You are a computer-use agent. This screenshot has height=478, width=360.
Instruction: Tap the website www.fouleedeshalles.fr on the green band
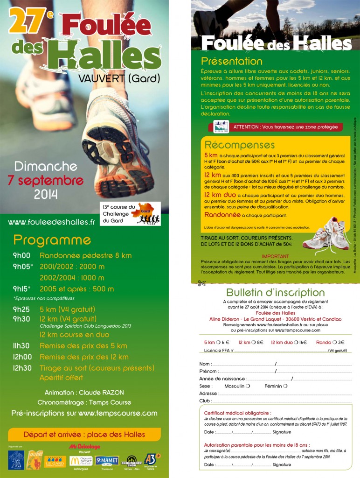(51, 222)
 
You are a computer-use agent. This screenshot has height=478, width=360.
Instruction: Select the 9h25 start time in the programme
(21, 309)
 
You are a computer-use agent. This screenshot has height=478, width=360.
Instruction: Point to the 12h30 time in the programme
(22, 368)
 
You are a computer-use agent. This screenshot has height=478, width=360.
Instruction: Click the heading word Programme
(52, 240)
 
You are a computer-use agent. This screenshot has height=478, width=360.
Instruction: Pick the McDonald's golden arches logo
(75, 460)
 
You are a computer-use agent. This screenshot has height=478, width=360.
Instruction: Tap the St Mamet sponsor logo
(107, 461)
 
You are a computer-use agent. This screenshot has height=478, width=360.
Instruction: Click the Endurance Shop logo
(132, 461)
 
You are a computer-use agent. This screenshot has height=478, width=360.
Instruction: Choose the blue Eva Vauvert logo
(16, 460)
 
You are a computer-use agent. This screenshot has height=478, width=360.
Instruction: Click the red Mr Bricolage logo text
(84, 447)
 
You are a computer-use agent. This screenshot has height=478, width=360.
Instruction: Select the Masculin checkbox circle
(248, 386)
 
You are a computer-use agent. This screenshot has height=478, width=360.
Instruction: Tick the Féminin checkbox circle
(285, 386)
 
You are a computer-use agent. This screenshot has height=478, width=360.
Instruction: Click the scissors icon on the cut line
(201, 282)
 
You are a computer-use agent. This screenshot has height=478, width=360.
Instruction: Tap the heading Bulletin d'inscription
(275, 293)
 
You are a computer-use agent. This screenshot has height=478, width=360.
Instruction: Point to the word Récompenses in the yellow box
(240, 144)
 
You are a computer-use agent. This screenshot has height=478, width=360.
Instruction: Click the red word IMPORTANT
(276, 256)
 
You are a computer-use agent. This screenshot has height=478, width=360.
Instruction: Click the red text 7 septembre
(46, 180)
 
